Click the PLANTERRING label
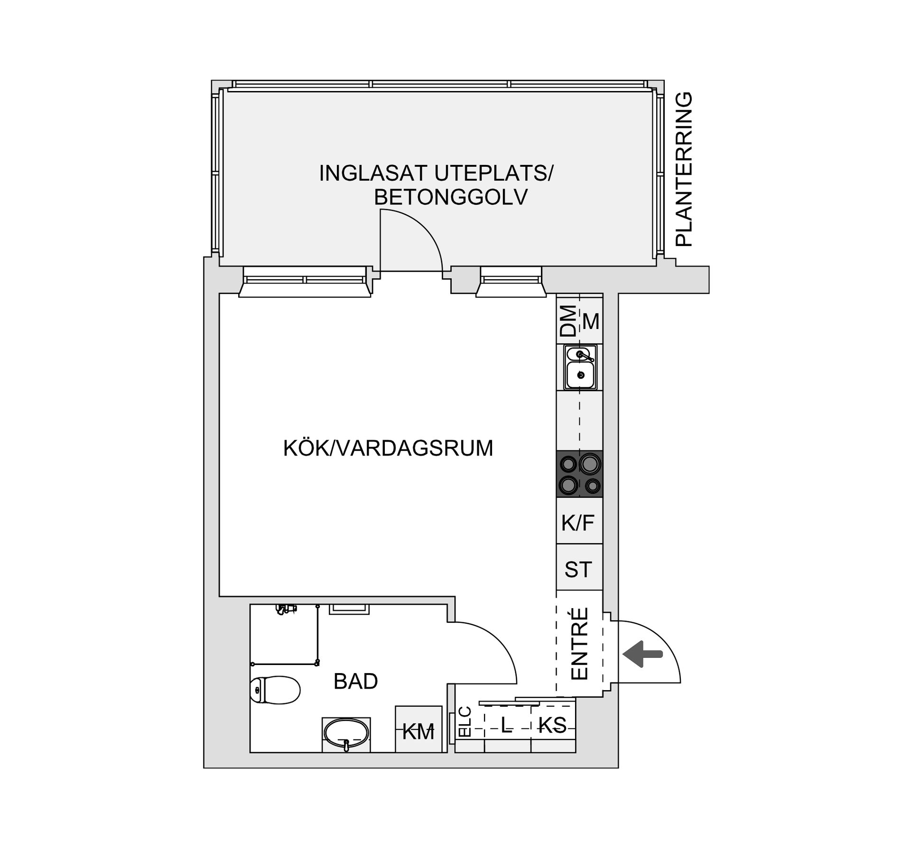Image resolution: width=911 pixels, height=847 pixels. tap(684, 169)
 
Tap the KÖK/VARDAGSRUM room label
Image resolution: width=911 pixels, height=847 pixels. tap(388, 448)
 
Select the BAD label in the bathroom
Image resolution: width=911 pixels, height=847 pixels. tap(355, 682)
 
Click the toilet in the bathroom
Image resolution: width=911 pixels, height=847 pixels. tap(276, 690)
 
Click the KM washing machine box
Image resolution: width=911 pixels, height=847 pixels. tap(418, 729)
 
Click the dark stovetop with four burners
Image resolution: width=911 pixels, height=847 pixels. tap(579, 474)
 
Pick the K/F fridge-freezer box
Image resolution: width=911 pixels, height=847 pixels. tap(578, 523)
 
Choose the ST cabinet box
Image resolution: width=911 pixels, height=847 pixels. tap(578, 569)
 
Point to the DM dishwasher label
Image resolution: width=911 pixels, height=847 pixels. tap(568, 321)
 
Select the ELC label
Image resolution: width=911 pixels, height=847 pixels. tap(465, 722)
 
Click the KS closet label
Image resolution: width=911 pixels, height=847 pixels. tap(553, 725)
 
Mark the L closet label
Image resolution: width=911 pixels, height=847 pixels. tap(507, 725)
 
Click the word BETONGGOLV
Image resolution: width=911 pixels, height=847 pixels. tap(450, 198)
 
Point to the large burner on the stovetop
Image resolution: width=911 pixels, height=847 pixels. tap(589, 464)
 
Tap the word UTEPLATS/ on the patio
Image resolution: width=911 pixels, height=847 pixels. tap(493, 173)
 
